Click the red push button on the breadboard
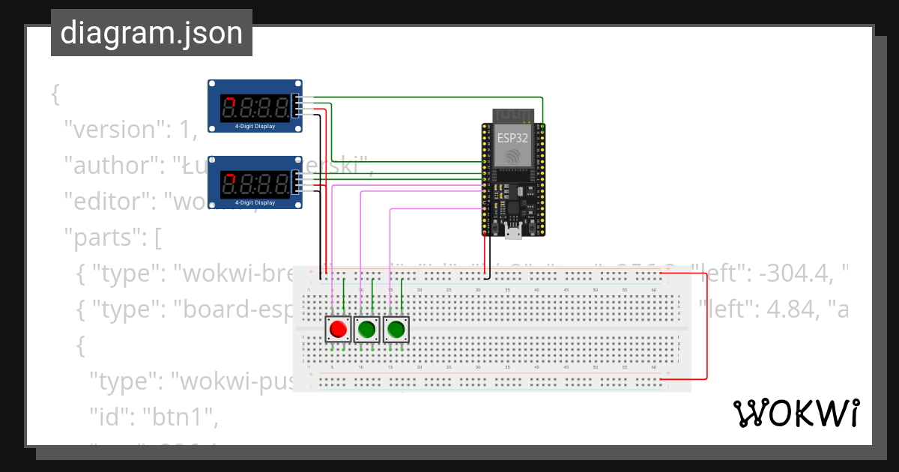338,329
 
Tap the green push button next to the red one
366,329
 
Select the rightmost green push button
396,329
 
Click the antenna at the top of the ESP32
513,115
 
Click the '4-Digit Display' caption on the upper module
255,127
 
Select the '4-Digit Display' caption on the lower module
255,203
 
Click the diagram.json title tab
151,34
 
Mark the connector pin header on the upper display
299,106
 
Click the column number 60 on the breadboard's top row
654,290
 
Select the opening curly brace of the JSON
55,94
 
